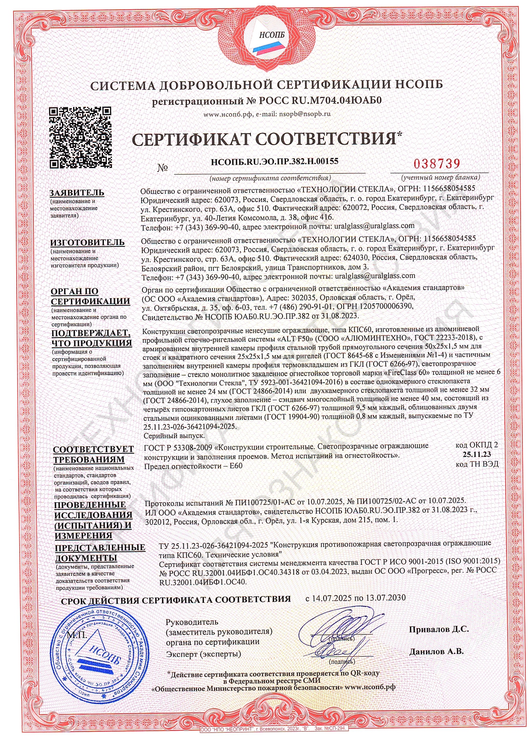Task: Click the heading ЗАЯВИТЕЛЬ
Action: (77, 193)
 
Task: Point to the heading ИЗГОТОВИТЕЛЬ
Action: (88, 243)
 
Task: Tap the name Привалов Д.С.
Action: (439, 629)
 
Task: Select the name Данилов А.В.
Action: (436, 652)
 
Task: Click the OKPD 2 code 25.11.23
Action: (477, 454)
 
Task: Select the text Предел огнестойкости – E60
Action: (194, 466)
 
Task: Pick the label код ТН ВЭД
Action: (477, 464)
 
